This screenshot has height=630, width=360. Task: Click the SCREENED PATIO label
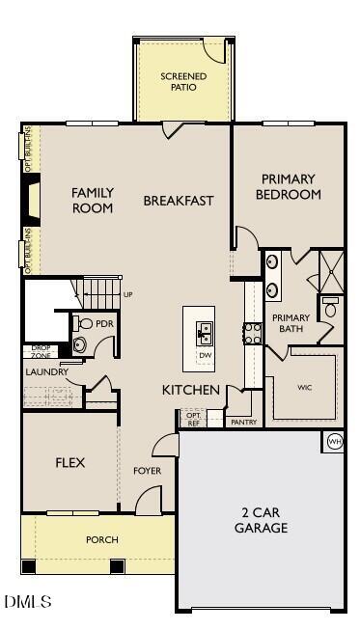pyautogui.click(x=183, y=81)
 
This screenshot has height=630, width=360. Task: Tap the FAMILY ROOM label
pyautogui.click(x=93, y=200)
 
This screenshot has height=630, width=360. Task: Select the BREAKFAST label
pyautogui.click(x=179, y=201)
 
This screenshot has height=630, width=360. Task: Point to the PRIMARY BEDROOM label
pyautogui.click(x=288, y=186)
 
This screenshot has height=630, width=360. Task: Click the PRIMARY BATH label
pyautogui.click(x=291, y=323)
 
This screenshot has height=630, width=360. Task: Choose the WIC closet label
pyautogui.click(x=304, y=387)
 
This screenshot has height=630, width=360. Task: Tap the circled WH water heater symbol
pyautogui.click(x=335, y=441)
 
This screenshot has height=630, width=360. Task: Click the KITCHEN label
pyautogui.click(x=191, y=390)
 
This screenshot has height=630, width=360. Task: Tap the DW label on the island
pyautogui.click(x=205, y=356)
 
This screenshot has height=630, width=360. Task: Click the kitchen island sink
pyautogui.click(x=205, y=334)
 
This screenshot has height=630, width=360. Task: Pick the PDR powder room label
pyautogui.click(x=104, y=324)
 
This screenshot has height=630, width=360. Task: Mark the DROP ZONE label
pyautogui.click(x=41, y=351)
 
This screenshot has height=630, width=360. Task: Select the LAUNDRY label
pyautogui.click(x=46, y=371)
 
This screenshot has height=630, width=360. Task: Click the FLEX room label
pyautogui.click(x=69, y=463)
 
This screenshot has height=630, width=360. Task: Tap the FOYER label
pyautogui.click(x=147, y=471)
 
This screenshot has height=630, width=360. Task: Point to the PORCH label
pyautogui.click(x=101, y=540)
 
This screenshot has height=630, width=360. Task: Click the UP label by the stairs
pyautogui.click(x=127, y=294)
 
